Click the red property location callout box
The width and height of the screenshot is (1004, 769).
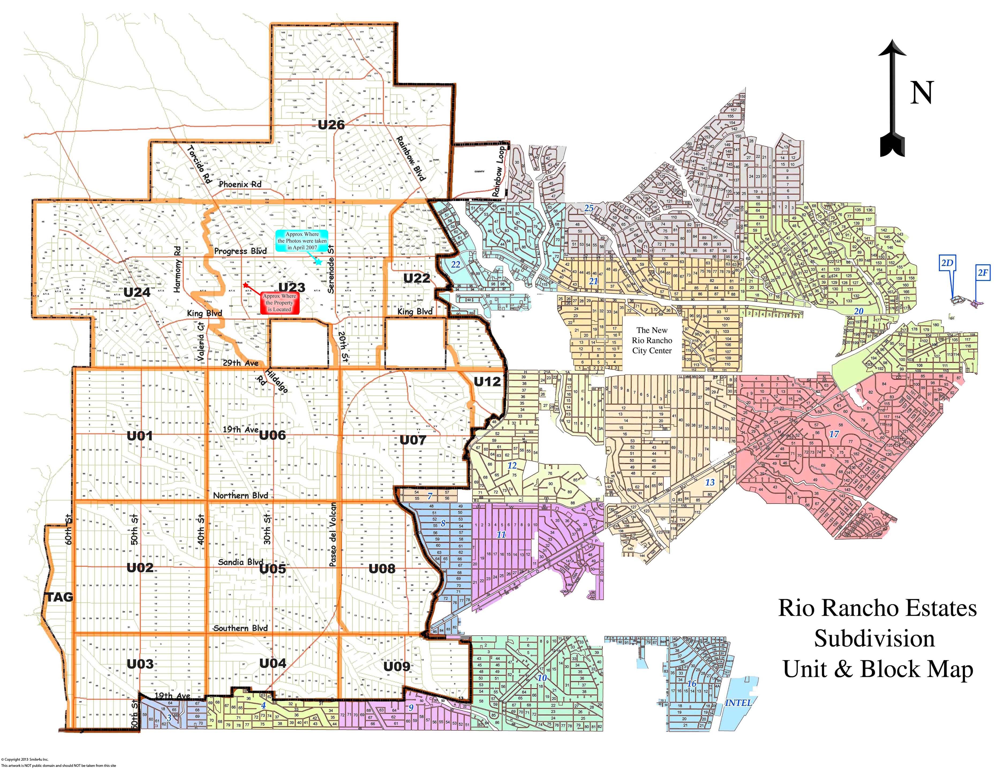pyautogui.click(x=279, y=303)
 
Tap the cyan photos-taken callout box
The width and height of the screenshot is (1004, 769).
pyautogui.click(x=302, y=241)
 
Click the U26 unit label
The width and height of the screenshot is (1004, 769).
pyautogui.click(x=331, y=125)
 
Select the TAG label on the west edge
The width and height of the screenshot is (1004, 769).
pyautogui.click(x=59, y=597)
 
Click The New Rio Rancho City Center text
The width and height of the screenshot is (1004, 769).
pyautogui.click(x=652, y=340)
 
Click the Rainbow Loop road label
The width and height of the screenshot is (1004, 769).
pyautogui.click(x=498, y=172)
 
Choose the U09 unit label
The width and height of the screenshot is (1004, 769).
pyautogui.click(x=396, y=666)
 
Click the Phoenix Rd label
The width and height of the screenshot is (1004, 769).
pyautogui.click(x=240, y=184)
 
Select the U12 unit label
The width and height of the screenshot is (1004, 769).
pyautogui.click(x=487, y=381)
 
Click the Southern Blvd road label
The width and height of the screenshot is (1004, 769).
pyautogui.click(x=240, y=628)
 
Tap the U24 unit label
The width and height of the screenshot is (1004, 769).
pyautogui.click(x=137, y=292)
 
